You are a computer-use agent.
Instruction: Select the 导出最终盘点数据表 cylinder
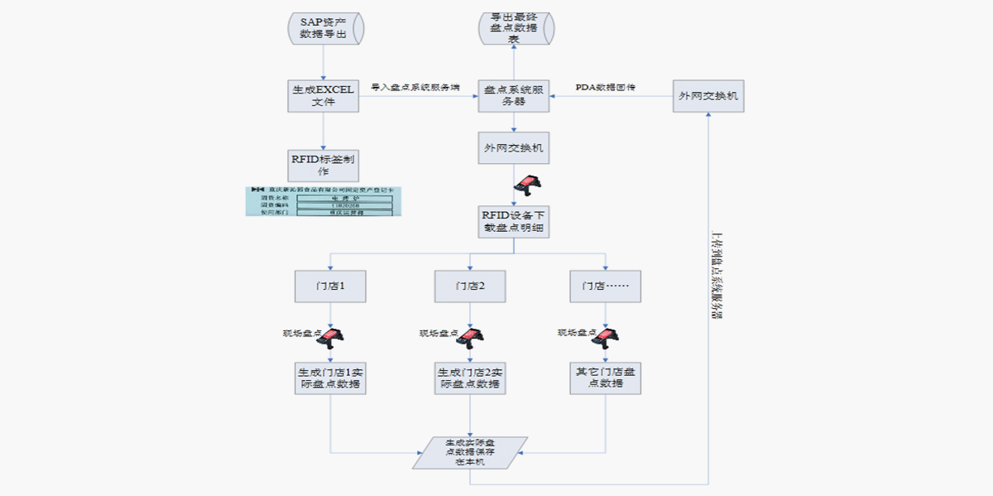click(514, 28)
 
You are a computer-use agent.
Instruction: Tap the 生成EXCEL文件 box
click(323, 96)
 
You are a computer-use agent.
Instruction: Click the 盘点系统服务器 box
click(514, 96)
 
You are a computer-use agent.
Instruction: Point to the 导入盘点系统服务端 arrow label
click(415, 87)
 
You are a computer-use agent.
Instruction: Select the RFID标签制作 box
click(323, 165)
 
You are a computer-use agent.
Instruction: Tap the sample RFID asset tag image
click(324, 201)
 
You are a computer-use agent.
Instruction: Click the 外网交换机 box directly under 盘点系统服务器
click(514, 148)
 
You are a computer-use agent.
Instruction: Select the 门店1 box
click(330, 286)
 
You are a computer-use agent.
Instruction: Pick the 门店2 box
click(470, 286)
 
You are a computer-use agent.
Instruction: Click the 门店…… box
click(606, 286)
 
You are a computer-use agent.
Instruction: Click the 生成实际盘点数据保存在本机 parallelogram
click(470, 452)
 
